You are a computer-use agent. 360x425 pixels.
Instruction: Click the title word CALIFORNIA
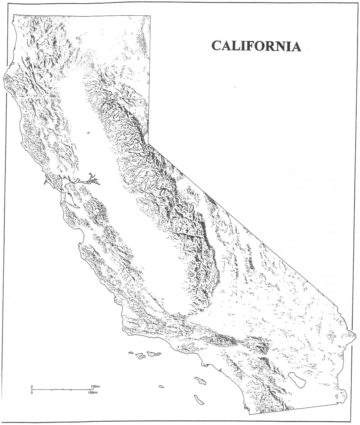coord(256,46)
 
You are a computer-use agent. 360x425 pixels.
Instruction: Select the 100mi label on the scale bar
coord(95,386)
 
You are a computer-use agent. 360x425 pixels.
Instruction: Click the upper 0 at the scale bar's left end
coord(32,386)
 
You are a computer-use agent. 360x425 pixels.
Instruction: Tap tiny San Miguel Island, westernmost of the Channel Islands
coord(131,352)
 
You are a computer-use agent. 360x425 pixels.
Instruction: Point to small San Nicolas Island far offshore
coord(161,386)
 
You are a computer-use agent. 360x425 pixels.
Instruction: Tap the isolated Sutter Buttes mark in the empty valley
coord(88,133)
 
